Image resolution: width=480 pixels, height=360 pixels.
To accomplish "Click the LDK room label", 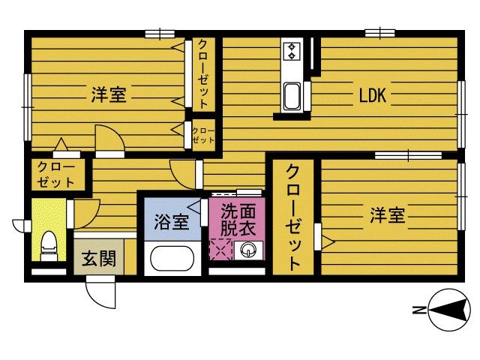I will point(372,95).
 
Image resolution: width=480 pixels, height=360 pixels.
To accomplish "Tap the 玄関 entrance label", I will point(98,259).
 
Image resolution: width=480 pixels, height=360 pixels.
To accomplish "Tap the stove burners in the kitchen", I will point(291,52).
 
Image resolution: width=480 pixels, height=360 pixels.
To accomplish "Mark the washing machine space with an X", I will point(221,250).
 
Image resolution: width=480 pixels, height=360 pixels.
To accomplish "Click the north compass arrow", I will point(450,309).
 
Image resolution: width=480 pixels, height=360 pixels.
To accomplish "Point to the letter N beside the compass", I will point(418,310).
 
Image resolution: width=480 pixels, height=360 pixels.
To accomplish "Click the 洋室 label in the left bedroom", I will point(109,95).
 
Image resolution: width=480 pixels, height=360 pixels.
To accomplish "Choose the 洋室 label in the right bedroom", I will point(387,216).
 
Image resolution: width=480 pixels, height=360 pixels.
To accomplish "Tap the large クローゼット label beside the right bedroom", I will point(294,217).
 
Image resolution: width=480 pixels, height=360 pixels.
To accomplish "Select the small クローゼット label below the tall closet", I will point(203,135).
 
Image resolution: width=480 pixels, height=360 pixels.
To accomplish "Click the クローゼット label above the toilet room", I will point(56,174).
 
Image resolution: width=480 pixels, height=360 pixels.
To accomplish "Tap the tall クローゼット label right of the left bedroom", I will point(203,74).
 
